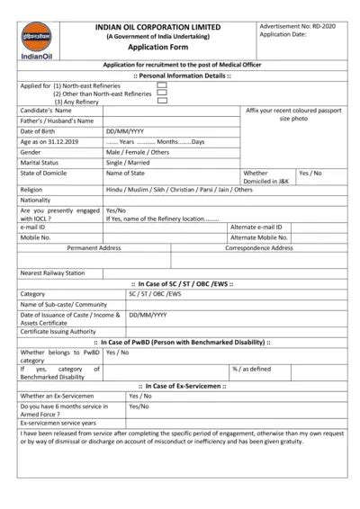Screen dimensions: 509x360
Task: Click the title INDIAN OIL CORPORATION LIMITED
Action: pyautogui.click(x=157, y=27)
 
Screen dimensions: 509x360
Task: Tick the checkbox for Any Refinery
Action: pyautogui.click(x=162, y=101)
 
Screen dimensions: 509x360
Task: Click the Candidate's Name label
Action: pyautogui.click(x=46, y=110)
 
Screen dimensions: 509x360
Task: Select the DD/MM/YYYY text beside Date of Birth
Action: pyautogui.click(x=123, y=131)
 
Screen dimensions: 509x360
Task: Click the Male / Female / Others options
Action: pyautogui.click(x=138, y=153)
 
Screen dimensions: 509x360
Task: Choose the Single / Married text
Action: pyautogui.click(x=129, y=163)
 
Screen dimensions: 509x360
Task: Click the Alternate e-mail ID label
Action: pyautogui.click(x=256, y=228)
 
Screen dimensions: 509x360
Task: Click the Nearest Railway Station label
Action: pyautogui.click(x=52, y=272)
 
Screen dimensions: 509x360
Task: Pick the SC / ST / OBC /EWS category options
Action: pyautogui.click(x=154, y=293)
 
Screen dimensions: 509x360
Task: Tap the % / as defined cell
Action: pyautogui.click(x=252, y=369)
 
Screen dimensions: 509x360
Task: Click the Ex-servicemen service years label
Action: pyautogui.click(x=58, y=423)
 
